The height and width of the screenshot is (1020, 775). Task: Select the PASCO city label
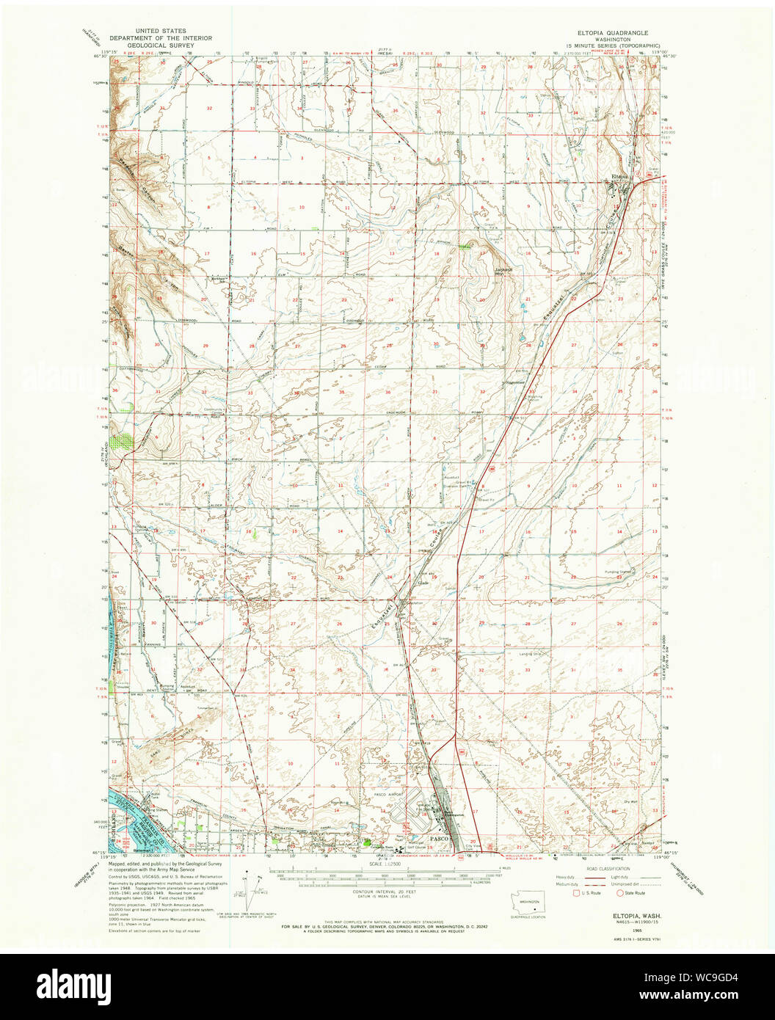point(439,837)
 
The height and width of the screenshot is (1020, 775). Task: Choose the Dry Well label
point(630,801)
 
